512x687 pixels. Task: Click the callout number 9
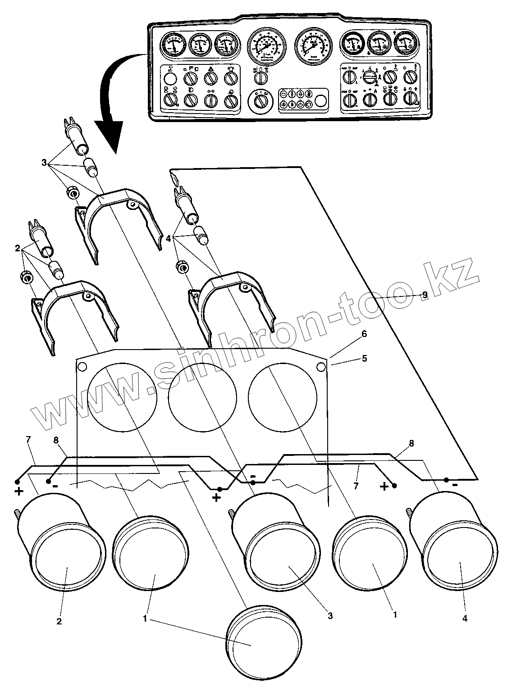tap(424, 295)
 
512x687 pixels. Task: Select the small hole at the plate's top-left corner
tap(83, 366)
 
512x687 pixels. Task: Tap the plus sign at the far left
tap(19, 491)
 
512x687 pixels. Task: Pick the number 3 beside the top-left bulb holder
tap(44, 163)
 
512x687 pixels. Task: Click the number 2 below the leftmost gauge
tap(59, 622)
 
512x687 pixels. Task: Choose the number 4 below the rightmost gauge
tap(465, 619)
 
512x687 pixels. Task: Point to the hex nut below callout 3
tap(73, 193)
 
